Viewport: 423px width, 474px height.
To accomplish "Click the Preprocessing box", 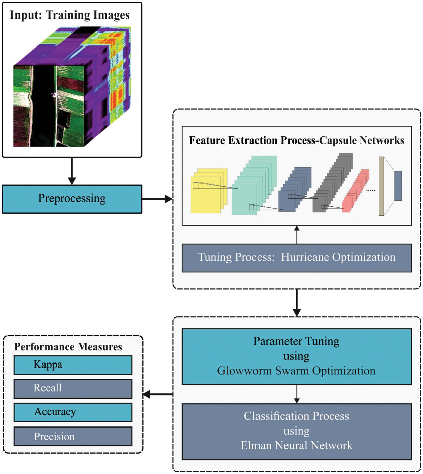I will pyautogui.click(x=72, y=199).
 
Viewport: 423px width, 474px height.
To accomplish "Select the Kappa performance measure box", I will pyautogui.click(x=73, y=365).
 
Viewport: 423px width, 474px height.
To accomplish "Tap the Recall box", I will pyautogui.click(x=73, y=388).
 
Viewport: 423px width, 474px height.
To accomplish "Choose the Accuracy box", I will pyautogui.click(x=73, y=412).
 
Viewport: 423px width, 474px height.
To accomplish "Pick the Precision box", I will pyautogui.click(x=73, y=437).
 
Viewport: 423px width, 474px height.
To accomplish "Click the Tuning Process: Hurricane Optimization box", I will pyautogui.click(x=296, y=258).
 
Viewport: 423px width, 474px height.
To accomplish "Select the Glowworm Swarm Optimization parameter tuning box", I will pyautogui.click(x=296, y=356).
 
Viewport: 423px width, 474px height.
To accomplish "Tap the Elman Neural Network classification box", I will pyautogui.click(x=296, y=431).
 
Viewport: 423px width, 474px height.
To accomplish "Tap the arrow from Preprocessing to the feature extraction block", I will pyautogui.click(x=157, y=199).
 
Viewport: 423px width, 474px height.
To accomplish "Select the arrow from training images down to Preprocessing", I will pyautogui.click(x=72, y=171).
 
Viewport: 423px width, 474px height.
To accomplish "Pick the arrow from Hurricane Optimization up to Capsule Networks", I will pyautogui.click(x=297, y=235).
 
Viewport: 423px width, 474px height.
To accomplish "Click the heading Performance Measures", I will pyautogui.click(x=68, y=347).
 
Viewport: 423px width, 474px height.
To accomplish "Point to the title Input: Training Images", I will pyautogui.click(x=70, y=15).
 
